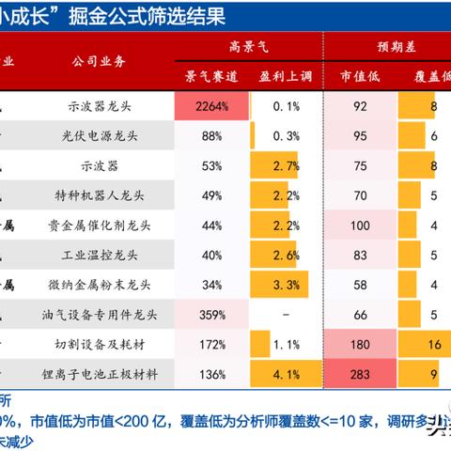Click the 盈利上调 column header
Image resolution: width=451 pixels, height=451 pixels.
point(279,74)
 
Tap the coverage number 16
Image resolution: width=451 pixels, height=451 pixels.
point(431,345)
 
